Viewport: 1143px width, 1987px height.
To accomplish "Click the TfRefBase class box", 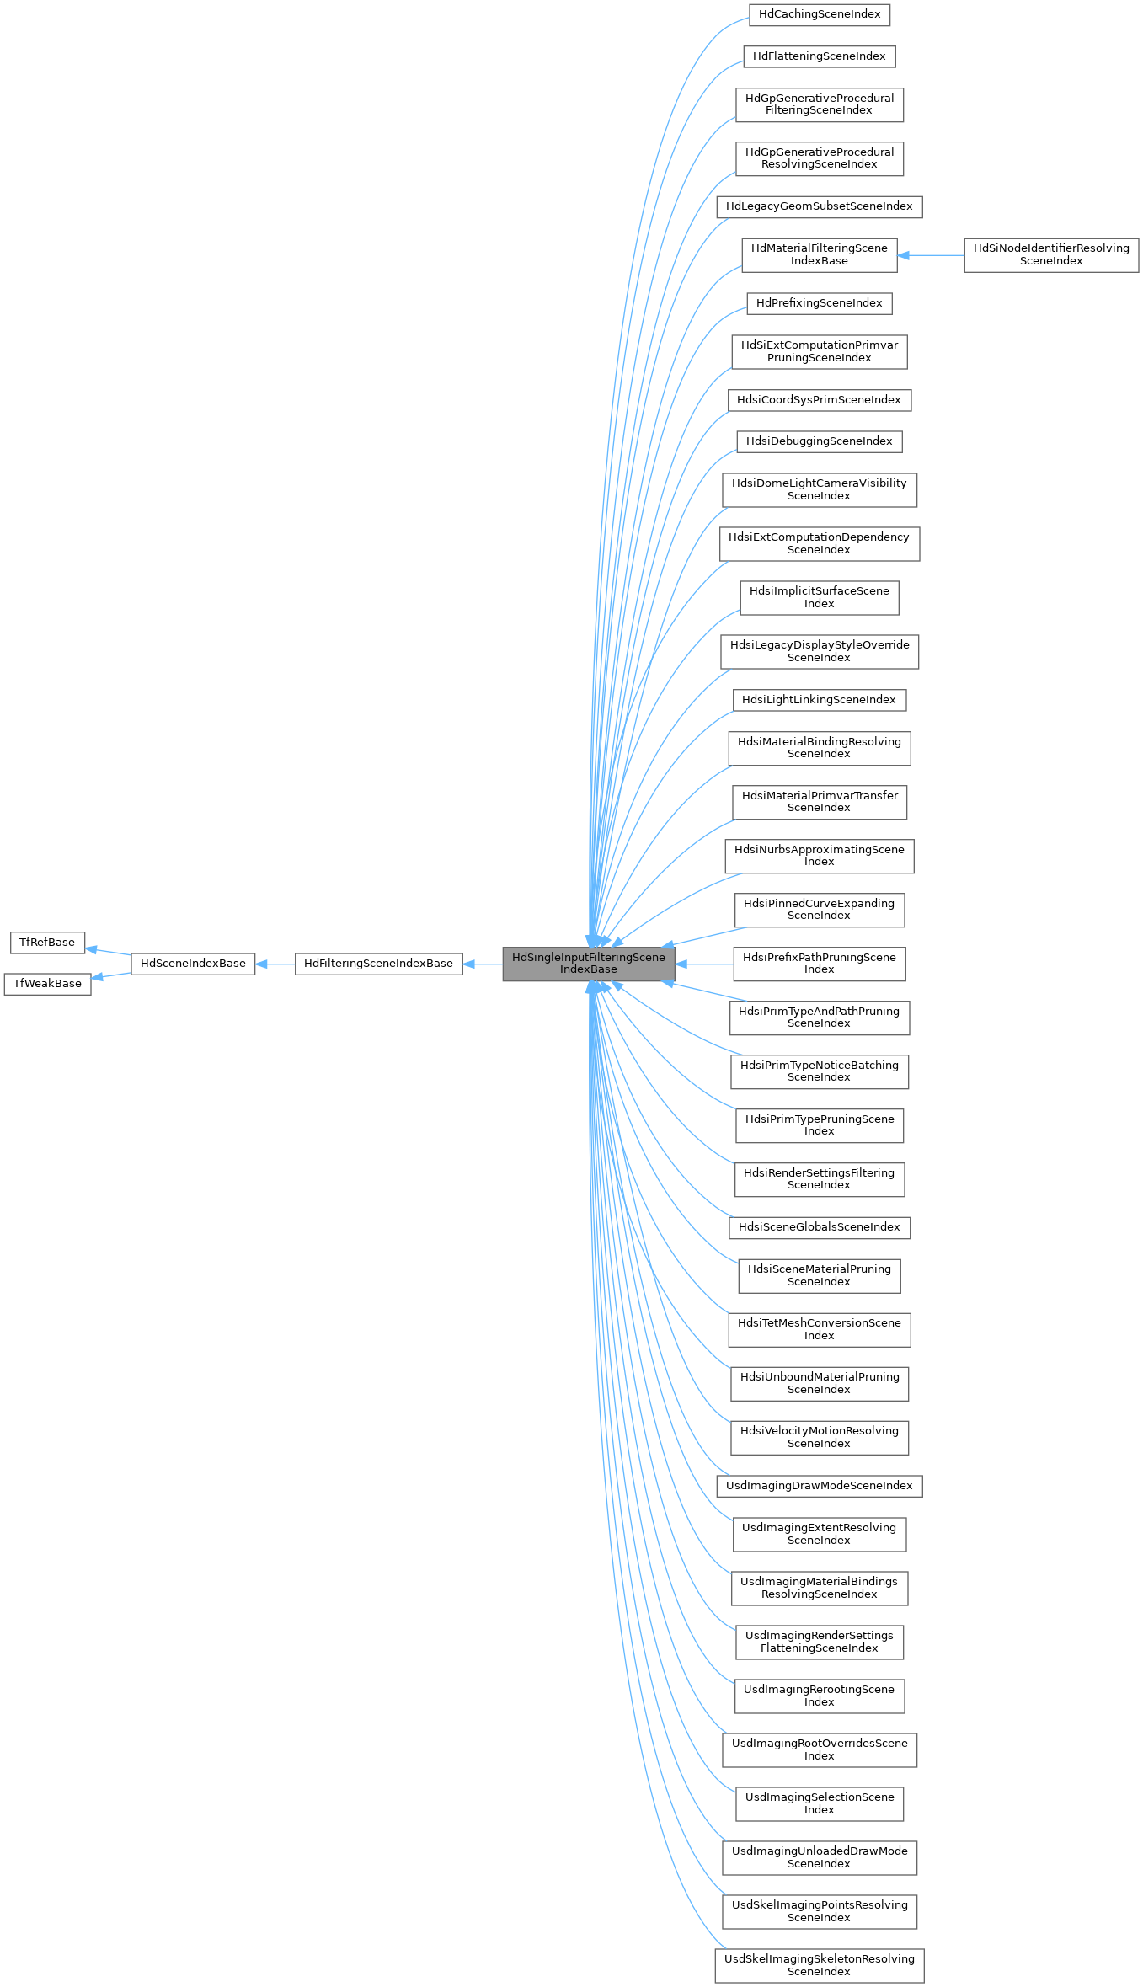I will coord(47,942).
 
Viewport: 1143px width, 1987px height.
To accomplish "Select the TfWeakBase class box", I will coord(47,983).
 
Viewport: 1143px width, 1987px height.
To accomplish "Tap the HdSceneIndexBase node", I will coord(193,963).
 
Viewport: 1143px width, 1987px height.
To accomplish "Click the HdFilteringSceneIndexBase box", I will coord(378,963).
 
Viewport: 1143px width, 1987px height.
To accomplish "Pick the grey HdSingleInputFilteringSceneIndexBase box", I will coord(588,963).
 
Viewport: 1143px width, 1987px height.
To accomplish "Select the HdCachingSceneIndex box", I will coord(819,14).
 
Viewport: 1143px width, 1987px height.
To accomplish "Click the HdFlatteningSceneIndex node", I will coord(819,56).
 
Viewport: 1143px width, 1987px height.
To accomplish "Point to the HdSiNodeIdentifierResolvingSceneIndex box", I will coord(1050,254).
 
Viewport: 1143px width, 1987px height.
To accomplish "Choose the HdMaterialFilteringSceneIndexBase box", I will coord(819,254).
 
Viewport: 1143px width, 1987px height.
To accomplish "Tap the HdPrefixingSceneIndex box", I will coord(819,303).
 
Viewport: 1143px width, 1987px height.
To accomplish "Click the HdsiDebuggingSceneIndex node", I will coord(819,441).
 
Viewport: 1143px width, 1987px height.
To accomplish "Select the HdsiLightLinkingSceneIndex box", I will coord(819,700).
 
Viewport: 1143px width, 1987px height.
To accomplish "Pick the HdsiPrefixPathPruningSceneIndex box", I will coord(819,963).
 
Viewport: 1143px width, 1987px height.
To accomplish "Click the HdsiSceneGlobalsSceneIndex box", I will coord(819,1227).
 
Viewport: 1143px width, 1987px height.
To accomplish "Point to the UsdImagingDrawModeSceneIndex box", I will coord(819,1486).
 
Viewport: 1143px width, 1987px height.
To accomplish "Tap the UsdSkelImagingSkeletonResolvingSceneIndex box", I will coord(819,1965).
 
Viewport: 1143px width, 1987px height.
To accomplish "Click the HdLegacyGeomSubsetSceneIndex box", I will coord(819,206).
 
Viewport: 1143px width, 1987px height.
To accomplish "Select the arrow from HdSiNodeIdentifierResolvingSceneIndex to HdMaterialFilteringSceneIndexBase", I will coord(931,255).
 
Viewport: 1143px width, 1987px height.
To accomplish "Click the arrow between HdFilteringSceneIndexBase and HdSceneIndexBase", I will coord(275,964).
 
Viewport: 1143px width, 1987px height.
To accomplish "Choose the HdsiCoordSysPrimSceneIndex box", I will coord(819,400).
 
